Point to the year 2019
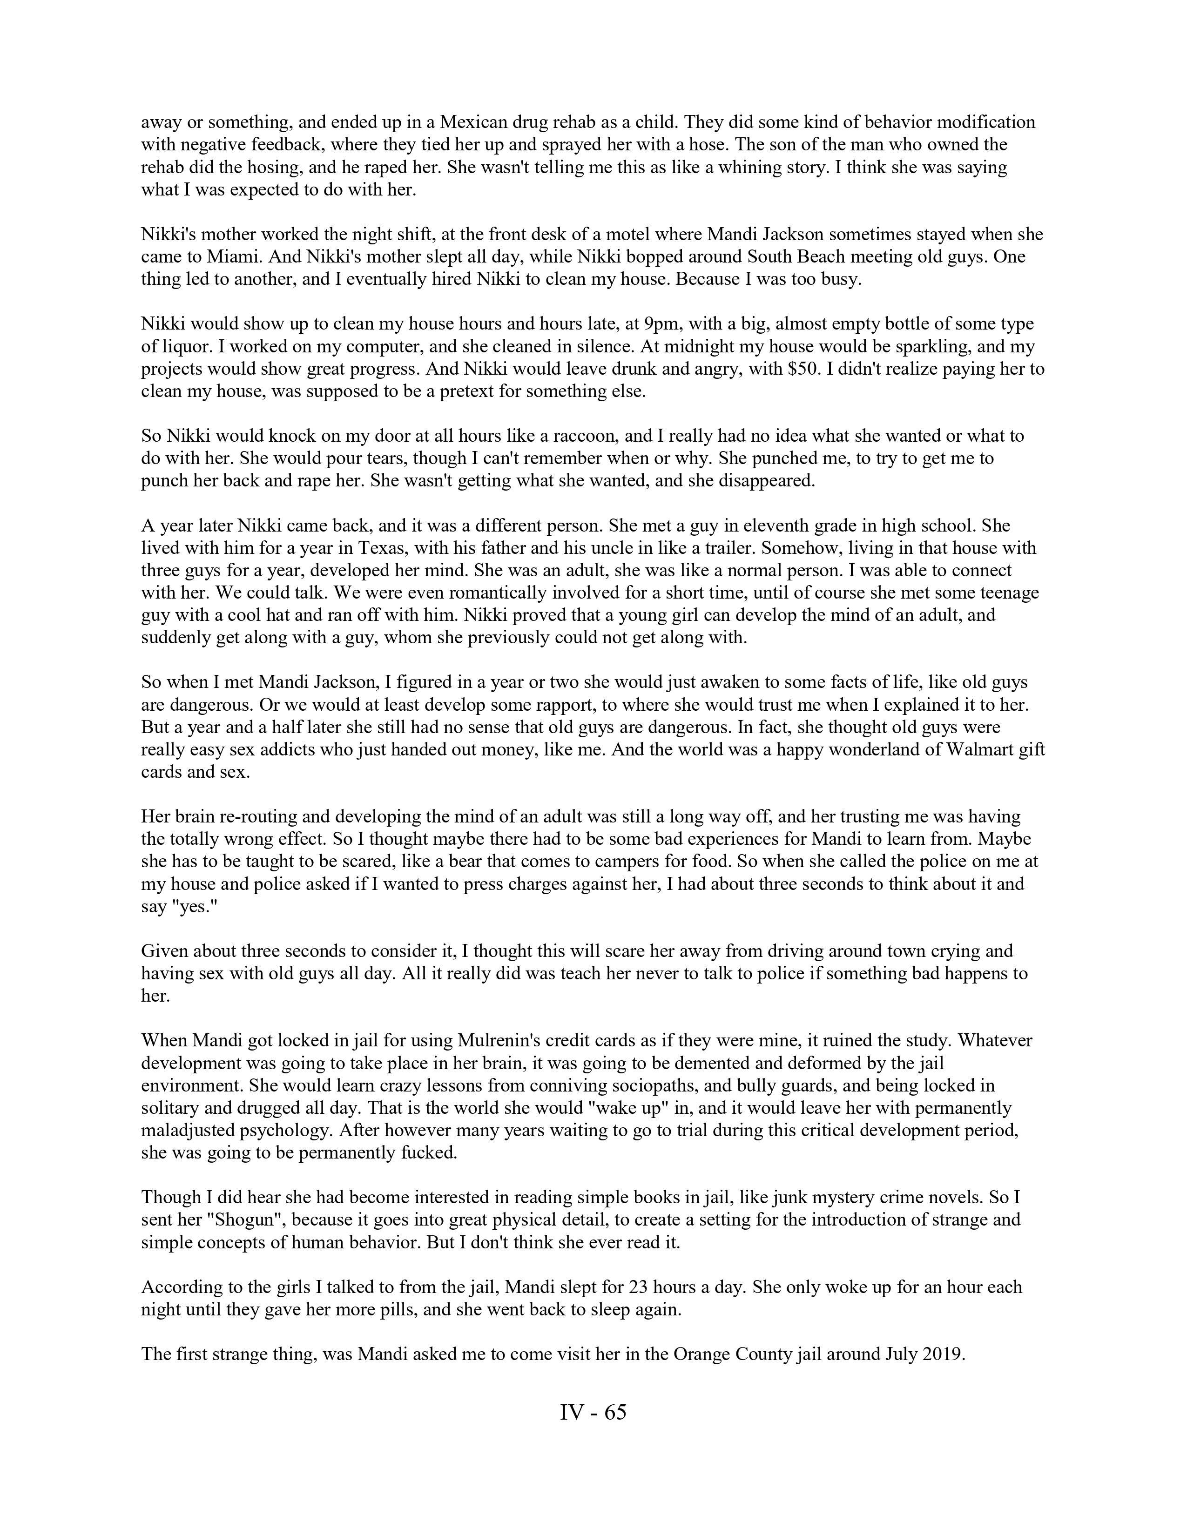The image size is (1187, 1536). tap(939, 1354)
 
